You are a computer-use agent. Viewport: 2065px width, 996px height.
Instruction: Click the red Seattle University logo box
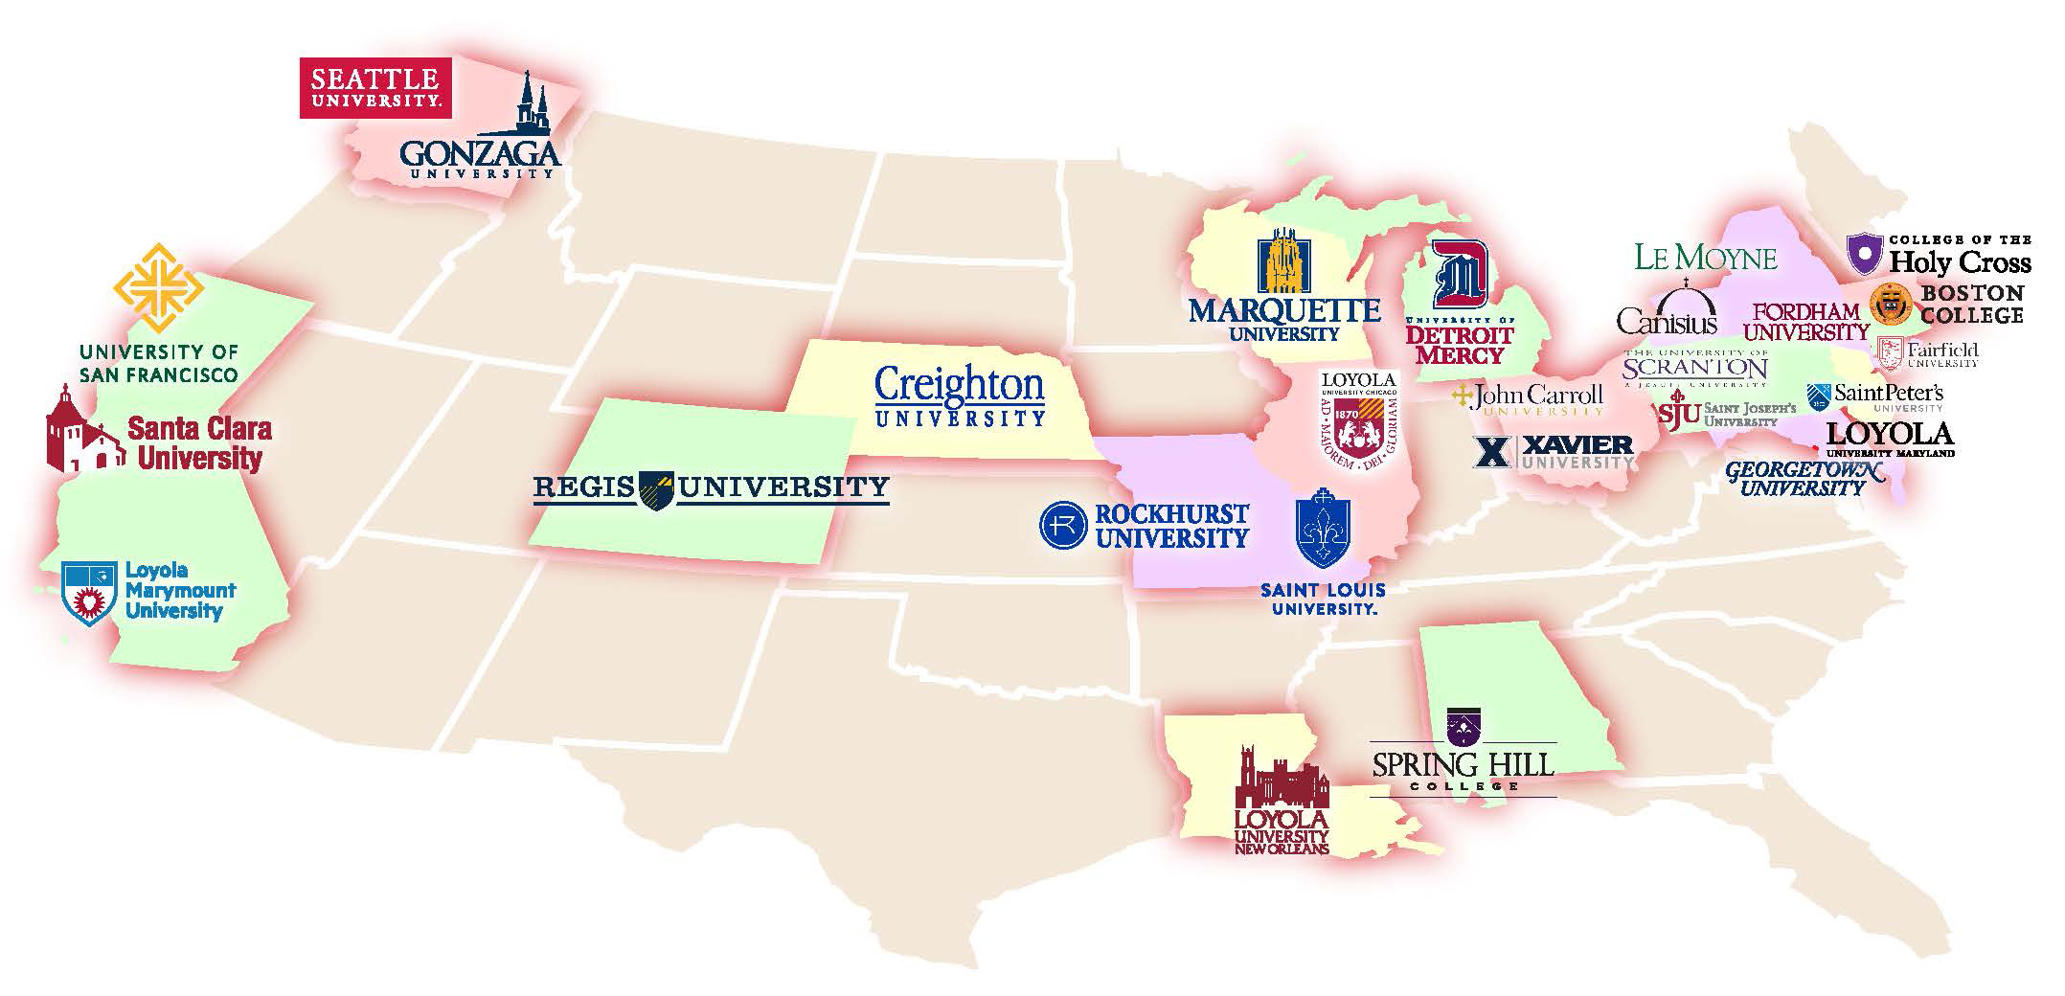click(374, 88)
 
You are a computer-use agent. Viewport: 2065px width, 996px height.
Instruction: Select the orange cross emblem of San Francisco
click(158, 288)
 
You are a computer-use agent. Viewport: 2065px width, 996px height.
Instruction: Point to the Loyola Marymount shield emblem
click(89, 593)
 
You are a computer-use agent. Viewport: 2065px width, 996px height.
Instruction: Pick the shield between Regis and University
click(656, 489)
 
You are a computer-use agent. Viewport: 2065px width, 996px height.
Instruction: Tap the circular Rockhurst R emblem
click(1063, 525)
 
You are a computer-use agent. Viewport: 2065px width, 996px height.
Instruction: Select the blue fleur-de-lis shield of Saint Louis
click(1322, 529)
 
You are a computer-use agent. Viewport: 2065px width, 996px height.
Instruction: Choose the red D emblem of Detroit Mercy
click(1459, 275)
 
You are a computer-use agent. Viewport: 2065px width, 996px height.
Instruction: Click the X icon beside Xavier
click(1490, 451)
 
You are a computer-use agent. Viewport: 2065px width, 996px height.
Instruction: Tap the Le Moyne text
click(1705, 258)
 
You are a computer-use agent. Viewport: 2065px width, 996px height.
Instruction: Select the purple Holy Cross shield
click(1864, 254)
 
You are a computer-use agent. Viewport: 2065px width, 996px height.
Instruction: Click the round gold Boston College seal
click(1891, 304)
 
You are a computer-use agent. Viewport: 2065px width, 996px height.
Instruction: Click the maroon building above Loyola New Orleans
click(1282, 777)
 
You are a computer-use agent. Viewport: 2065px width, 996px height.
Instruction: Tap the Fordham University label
click(1805, 322)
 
